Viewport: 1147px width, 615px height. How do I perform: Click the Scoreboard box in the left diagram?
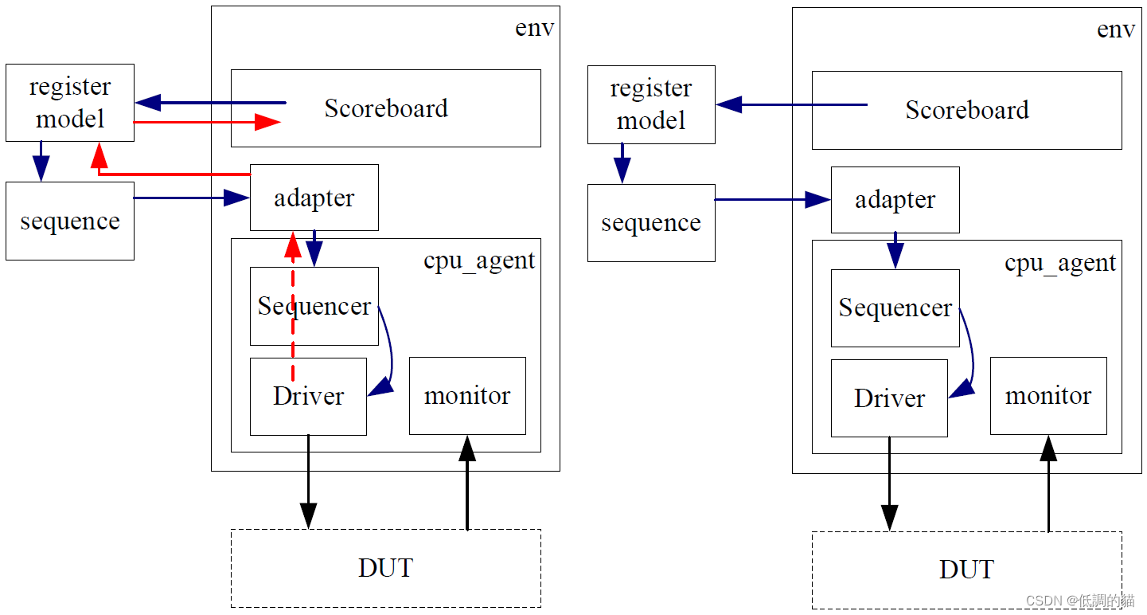tap(385, 108)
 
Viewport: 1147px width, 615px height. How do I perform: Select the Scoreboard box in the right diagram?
tap(966, 110)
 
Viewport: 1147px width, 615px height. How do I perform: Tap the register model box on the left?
tap(70, 103)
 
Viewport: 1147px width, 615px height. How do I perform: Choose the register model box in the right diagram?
tap(651, 104)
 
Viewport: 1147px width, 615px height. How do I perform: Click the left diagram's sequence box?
tap(70, 221)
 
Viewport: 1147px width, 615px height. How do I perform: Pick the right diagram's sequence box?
tap(651, 223)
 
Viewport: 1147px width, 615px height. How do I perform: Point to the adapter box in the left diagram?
tap(314, 198)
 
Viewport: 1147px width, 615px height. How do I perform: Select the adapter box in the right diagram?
tap(895, 200)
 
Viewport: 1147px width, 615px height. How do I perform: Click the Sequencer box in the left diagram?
tap(314, 306)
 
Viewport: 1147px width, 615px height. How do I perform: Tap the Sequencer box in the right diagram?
tap(895, 308)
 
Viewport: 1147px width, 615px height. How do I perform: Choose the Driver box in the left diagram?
tap(308, 396)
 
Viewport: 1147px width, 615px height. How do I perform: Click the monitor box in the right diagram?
tap(1048, 396)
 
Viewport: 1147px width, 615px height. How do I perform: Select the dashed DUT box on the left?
tap(385, 568)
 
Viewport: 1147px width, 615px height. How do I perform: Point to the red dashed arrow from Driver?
tap(293, 319)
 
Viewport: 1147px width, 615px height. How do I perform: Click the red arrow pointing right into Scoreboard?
tap(207, 122)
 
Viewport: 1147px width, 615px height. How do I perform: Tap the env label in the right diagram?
tap(1115, 29)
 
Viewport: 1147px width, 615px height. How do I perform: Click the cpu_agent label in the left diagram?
tap(479, 260)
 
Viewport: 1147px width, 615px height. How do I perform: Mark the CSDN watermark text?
tap(1079, 601)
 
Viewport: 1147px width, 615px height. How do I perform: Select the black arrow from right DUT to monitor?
tap(1048, 486)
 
